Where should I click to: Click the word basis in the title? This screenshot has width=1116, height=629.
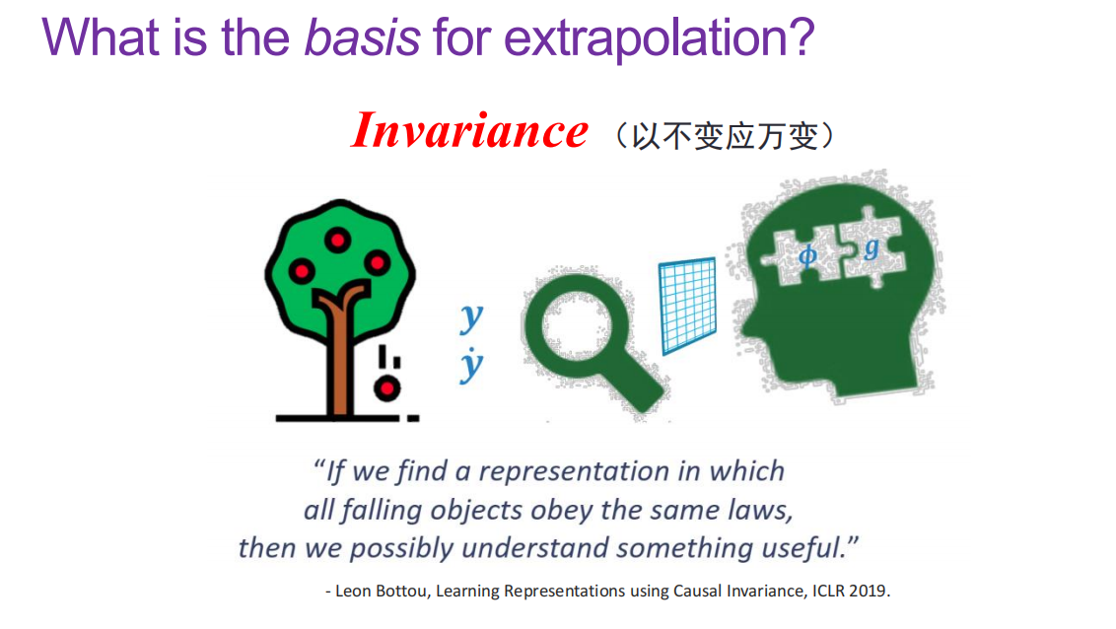click(362, 37)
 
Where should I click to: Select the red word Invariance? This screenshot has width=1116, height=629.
click(469, 131)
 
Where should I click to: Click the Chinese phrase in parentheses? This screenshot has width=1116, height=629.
click(725, 135)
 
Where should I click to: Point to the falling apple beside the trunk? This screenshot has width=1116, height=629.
click(387, 387)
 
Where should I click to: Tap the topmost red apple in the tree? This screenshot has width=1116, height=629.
click(338, 241)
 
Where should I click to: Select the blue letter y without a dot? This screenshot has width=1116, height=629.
click(471, 316)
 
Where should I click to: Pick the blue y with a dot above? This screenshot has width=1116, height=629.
click(471, 366)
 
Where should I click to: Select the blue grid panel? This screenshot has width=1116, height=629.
click(687, 306)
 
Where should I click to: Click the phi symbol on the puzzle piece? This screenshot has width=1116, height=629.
click(807, 255)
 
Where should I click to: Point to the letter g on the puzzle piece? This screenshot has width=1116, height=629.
click(872, 248)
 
